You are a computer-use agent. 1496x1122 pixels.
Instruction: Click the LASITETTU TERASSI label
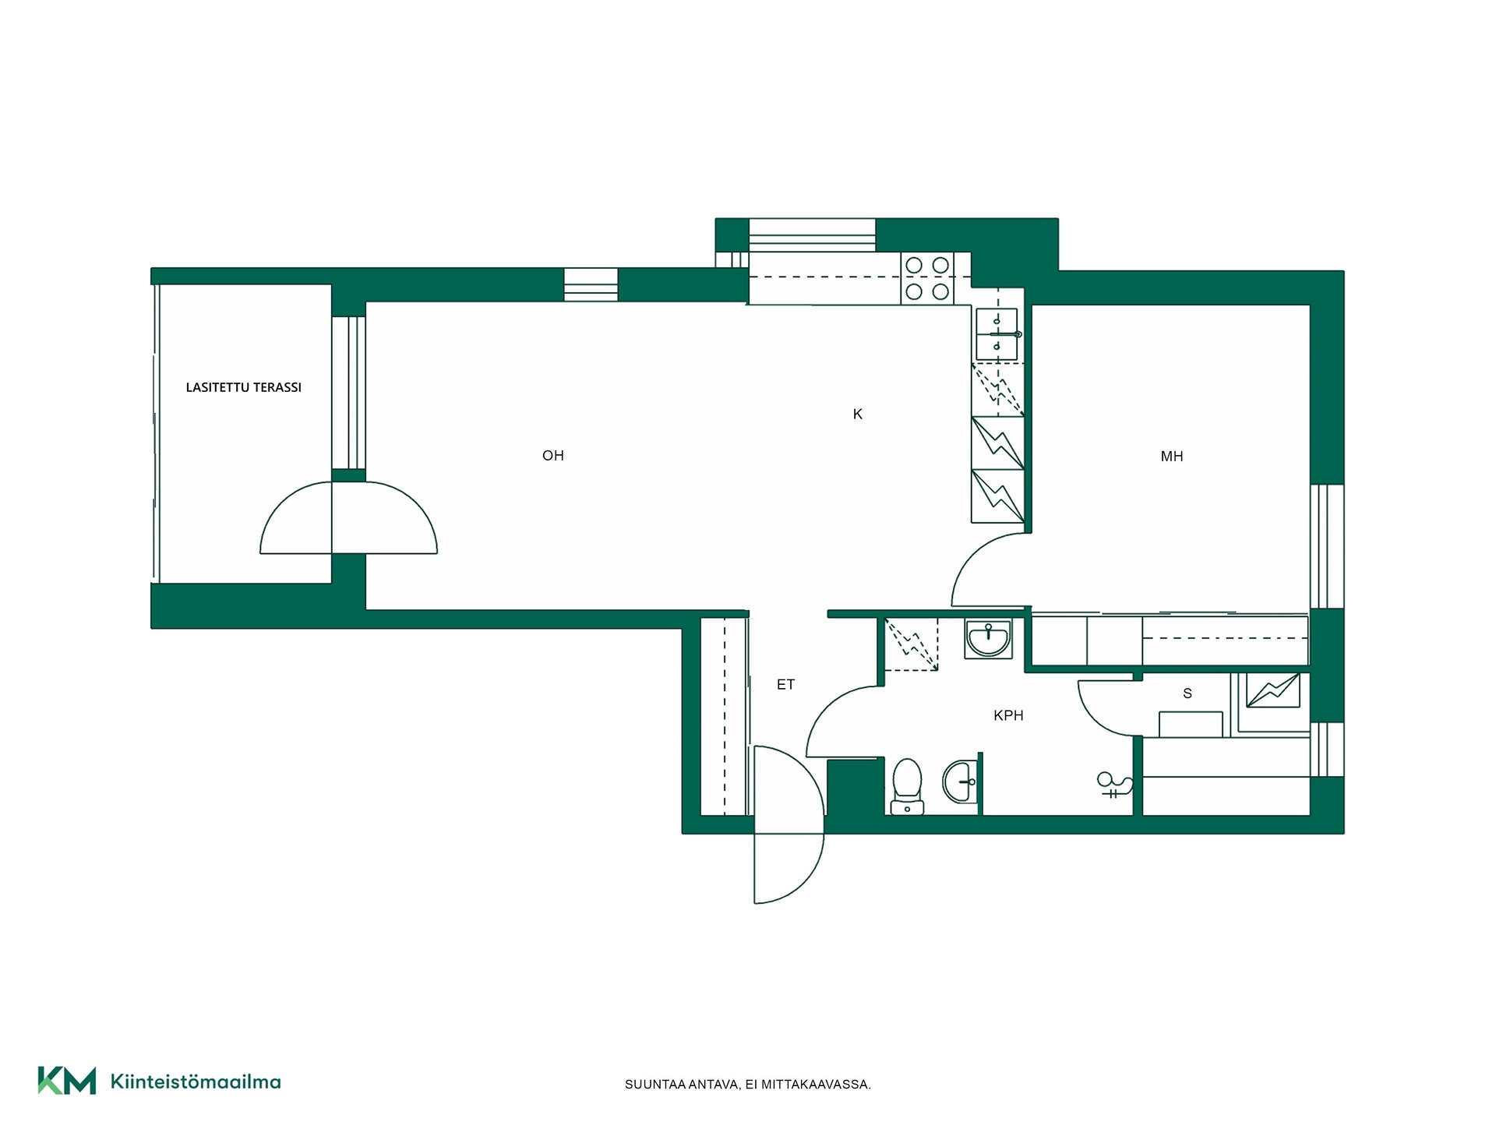(243, 387)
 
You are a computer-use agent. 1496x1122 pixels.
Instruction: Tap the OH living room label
(553, 456)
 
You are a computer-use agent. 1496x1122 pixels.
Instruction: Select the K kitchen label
(858, 415)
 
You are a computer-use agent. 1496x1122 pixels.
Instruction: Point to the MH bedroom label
(1172, 457)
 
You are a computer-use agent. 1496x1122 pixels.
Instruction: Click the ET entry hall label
(785, 685)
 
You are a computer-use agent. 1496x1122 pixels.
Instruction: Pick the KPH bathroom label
(1008, 715)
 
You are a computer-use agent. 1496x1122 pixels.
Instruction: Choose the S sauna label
(1187, 693)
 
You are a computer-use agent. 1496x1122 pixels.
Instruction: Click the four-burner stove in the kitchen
(927, 278)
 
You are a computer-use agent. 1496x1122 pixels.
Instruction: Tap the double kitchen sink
(997, 334)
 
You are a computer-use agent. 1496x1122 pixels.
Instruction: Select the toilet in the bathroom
(907, 786)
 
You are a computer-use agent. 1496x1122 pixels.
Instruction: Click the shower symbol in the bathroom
(1112, 785)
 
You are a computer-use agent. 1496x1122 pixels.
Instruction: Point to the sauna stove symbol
(1273, 690)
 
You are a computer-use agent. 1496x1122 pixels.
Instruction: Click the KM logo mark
(67, 1081)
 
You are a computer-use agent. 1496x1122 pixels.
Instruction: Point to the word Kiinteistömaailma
(196, 1081)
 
